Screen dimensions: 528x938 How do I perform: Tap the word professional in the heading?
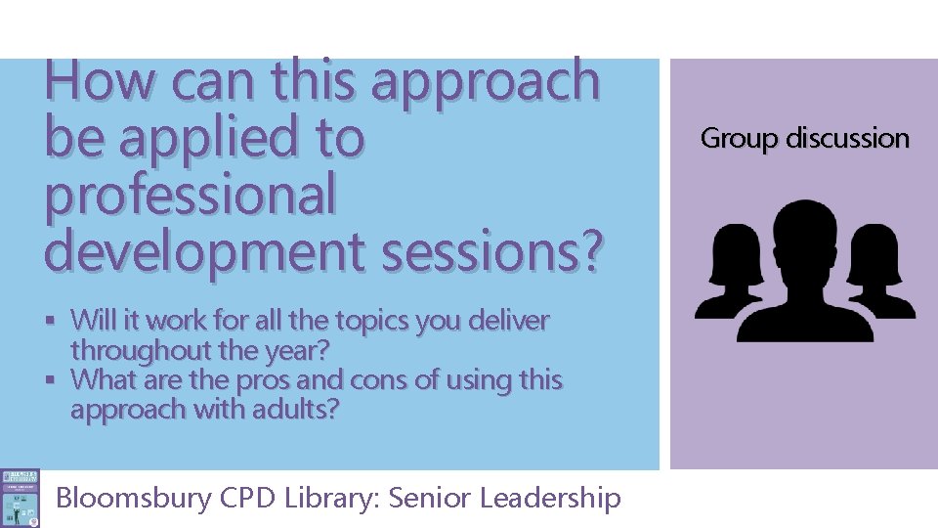(190, 194)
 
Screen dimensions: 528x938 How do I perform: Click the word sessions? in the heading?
(492, 249)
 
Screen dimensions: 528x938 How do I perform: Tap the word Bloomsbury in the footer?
(134, 498)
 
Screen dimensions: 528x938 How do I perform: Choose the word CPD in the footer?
(248, 498)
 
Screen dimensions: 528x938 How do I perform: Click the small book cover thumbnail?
(20, 498)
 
